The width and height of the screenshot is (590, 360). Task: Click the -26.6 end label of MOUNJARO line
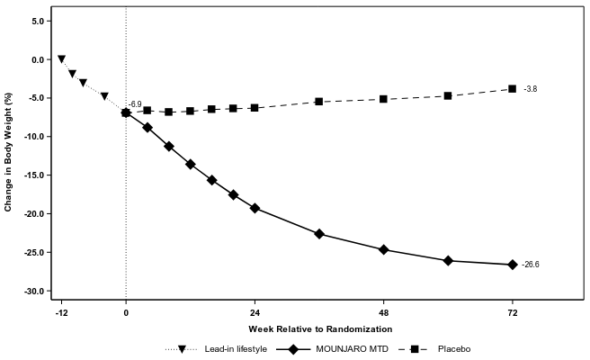[531, 265]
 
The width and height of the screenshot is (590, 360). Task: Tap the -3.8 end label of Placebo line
[531, 89]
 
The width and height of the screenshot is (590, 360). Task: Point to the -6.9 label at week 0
[135, 105]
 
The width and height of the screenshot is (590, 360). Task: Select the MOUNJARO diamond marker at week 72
[513, 265]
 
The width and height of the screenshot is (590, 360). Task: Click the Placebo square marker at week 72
[513, 89]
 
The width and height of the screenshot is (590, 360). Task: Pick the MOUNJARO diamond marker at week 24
[255, 208]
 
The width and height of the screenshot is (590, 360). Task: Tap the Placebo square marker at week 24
[255, 108]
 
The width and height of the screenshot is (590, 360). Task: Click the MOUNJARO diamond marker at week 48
[384, 249]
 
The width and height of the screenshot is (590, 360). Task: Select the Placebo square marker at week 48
[384, 99]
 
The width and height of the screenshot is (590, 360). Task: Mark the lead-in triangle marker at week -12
[61, 59]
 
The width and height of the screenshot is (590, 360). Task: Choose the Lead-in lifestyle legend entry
[235, 349]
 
